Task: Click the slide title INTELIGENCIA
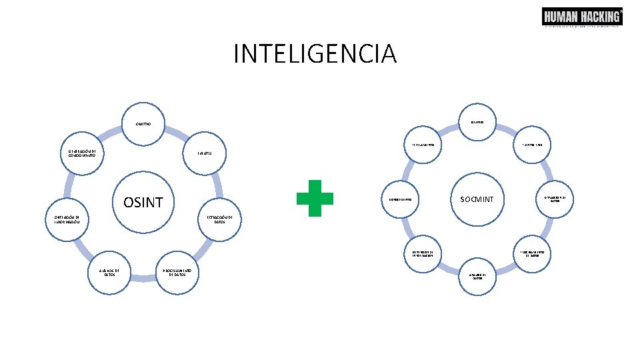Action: pyautogui.click(x=315, y=53)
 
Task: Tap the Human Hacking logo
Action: pyautogui.click(x=582, y=17)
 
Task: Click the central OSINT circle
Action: pyautogui.click(x=143, y=201)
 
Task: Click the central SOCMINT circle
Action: pyautogui.click(x=477, y=199)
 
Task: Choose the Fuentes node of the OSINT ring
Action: pyautogui.click(x=204, y=153)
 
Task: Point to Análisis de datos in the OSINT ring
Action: pyautogui.click(x=109, y=272)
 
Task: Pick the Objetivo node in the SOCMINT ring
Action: pyautogui.click(x=477, y=121)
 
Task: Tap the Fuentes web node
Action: pyautogui.click(x=534, y=145)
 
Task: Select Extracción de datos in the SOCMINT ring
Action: pyautogui.click(x=555, y=199)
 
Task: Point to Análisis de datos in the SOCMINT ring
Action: pyautogui.click(x=477, y=276)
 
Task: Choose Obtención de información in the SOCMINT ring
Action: pyautogui.click(x=423, y=253)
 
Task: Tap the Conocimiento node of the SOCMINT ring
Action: pyautogui.click(x=400, y=199)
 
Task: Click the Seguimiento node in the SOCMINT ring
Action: pyautogui.click(x=422, y=145)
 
